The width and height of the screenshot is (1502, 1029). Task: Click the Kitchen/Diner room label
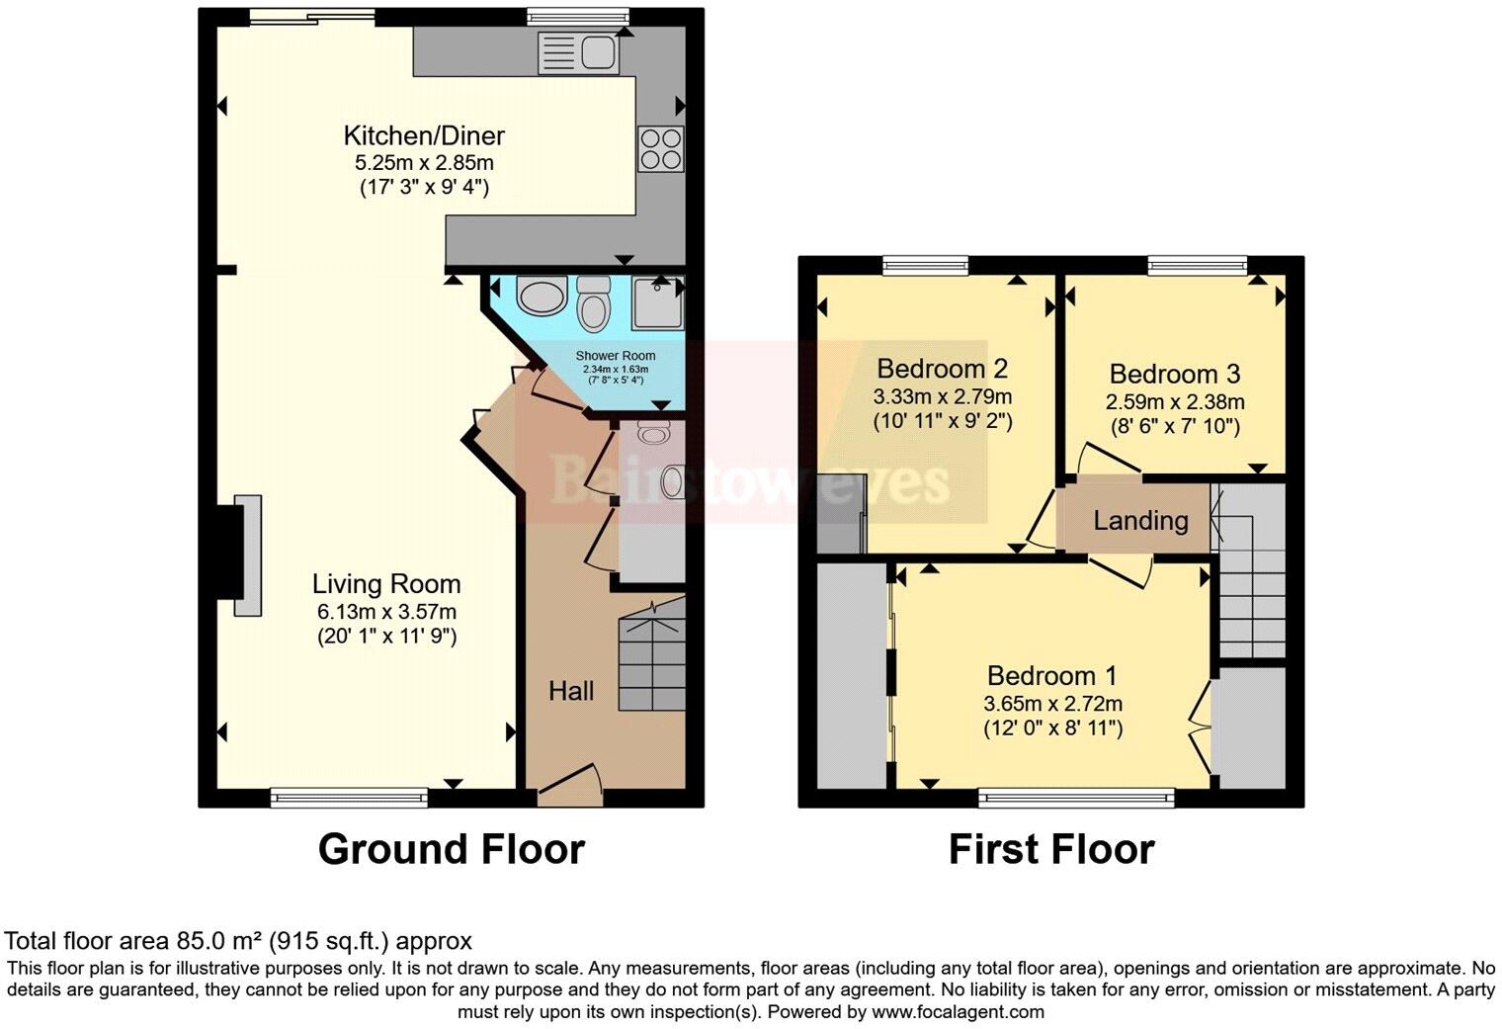click(424, 135)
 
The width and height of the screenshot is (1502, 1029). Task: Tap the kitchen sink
click(578, 52)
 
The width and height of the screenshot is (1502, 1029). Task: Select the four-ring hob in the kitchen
click(660, 149)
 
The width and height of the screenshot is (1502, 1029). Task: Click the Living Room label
click(386, 583)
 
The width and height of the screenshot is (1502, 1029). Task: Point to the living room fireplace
click(242, 556)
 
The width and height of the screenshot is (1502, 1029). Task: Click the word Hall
click(571, 690)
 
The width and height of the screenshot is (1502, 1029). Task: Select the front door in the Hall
click(570, 781)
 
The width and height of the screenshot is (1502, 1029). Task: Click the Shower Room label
click(616, 356)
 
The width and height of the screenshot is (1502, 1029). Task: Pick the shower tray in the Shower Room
click(656, 302)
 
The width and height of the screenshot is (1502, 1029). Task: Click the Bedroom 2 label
click(942, 369)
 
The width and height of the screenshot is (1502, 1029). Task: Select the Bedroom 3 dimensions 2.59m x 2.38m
click(1174, 402)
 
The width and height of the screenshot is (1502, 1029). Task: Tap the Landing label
click(1140, 520)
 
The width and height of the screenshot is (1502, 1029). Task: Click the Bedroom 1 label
click(1051, 676)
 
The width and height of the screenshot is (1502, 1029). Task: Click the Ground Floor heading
click(451, 850)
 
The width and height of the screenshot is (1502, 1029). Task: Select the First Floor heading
click(1051, 850)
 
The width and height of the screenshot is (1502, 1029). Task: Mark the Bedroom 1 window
click(1076, 797)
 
